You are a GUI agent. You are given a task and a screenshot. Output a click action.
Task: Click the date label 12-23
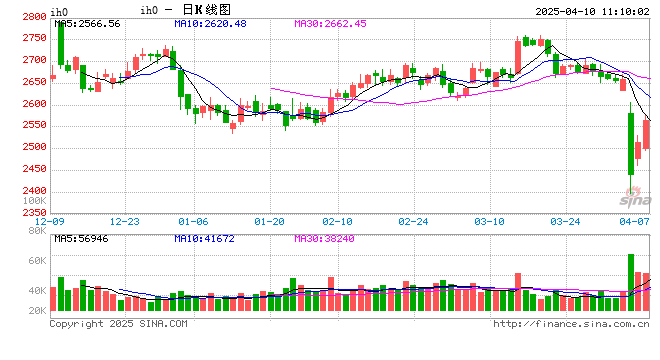[x=125, y=221]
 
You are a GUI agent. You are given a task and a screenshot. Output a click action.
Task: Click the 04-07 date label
[x=635, y=221]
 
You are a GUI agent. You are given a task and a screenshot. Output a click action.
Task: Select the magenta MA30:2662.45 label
[x=331, y=23]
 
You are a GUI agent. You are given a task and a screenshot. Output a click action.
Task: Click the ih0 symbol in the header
[x=148, y=9]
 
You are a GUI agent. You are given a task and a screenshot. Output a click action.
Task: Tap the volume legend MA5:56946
[x=81, y=238]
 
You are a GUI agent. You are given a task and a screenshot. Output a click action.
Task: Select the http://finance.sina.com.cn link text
[x=571, y=324]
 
